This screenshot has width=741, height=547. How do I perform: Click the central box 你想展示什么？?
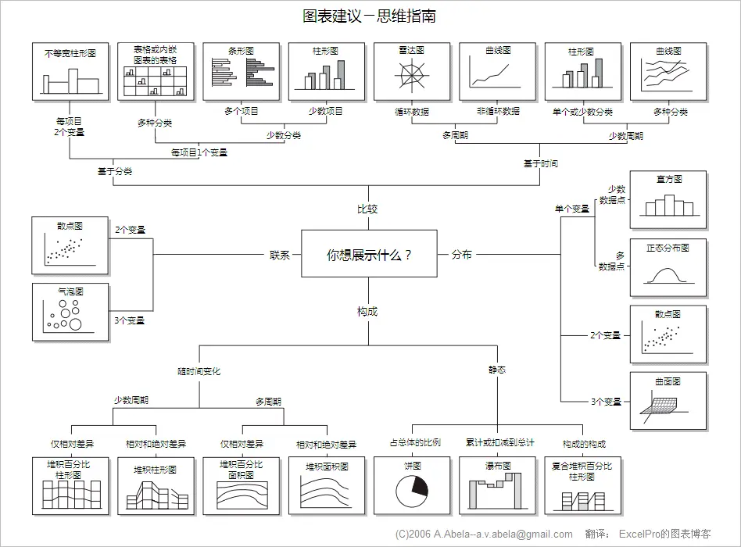tap(369, 254)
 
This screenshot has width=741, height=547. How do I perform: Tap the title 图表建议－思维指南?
tap(369, 16)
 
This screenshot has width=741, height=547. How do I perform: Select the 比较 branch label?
tap(367, 209)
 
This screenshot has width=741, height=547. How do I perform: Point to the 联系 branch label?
tap(279, 255)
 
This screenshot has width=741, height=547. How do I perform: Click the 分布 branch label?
tap(461, 255)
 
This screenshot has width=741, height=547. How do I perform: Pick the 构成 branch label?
tap(367, 311)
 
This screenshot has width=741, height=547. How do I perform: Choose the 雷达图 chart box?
tap(412, 71)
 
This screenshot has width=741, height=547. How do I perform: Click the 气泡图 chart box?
tap(70, 312)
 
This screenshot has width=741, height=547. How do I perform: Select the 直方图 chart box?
tap(668, 200)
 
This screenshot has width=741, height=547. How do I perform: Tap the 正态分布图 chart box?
tap(668, 267)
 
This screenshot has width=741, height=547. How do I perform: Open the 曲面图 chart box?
tap(668, 401)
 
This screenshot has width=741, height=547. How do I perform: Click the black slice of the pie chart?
tap(421, 486)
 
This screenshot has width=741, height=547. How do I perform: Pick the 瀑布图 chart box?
tap(497, 485)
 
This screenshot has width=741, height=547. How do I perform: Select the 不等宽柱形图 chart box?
tap(70, 71)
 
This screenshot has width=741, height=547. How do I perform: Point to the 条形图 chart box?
tap(241, 71)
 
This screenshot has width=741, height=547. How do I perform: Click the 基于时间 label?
tap(541, 163)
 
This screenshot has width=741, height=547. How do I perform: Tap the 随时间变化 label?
tap(199, 371)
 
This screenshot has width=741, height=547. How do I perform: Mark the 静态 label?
tap(497, 370)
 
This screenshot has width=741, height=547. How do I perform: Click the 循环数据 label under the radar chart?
tap(412, 112)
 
